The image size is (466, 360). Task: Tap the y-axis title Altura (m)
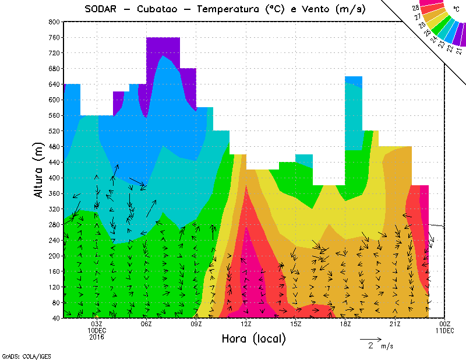[38, 168]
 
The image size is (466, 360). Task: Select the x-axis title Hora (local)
[253, 338]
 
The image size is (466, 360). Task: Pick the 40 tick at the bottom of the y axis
[56, 318]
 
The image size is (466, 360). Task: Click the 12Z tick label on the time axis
[246, 324]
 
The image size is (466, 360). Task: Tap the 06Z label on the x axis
[146, 324]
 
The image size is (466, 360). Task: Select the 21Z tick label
[395, 324]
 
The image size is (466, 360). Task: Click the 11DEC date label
[445, 330]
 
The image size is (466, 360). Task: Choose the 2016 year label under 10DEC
[97, 337]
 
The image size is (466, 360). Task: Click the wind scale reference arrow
[370, 338]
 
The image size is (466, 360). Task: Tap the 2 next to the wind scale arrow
[370, 346]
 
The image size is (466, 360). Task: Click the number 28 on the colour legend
[416, 8]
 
